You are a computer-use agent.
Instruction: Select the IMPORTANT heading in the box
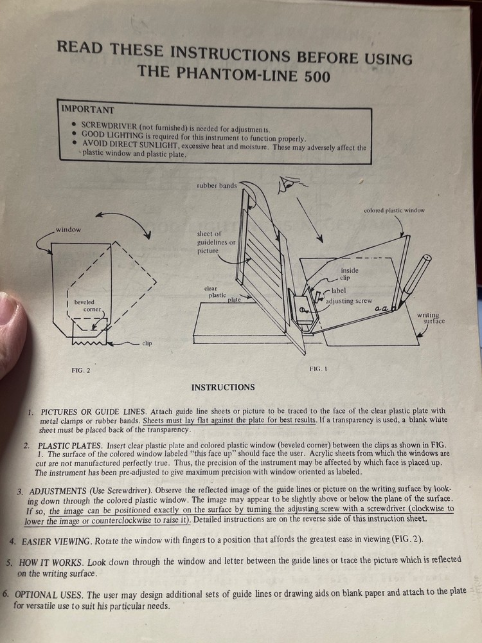click(x=87, y=110)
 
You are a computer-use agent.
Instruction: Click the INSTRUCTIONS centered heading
click(x=223, y=387)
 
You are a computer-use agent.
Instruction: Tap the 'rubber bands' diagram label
click(x=217, y=186)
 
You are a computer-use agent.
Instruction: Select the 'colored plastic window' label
click(x=394, y=210)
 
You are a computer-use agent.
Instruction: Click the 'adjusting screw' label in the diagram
click(x=348, y=301)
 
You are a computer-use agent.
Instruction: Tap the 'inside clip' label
click(x=350, y=275)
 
